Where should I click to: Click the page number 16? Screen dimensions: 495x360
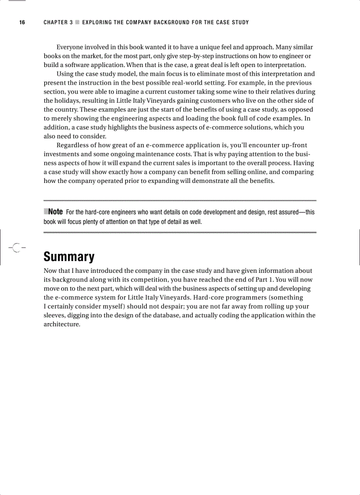pos(22,22)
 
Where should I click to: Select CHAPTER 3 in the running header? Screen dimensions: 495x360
pos(58,22)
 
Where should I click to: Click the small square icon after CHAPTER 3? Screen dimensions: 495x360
pos(77,22)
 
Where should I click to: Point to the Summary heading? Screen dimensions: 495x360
pos(69,257)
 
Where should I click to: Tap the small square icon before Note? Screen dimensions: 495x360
pos(46,212)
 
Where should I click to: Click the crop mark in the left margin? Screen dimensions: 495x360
pos(16,248)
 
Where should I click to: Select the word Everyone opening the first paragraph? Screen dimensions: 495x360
pos(71,47)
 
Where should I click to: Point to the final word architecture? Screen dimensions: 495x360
pos(62,324)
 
